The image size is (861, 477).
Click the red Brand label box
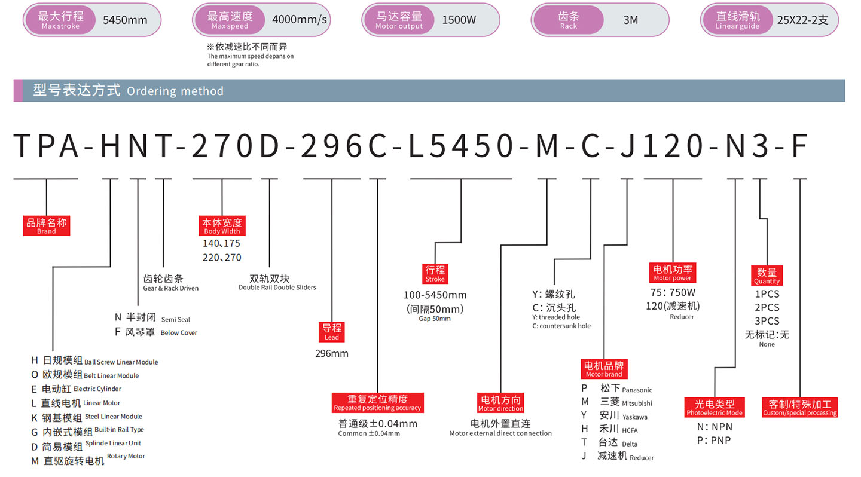coord(47,225)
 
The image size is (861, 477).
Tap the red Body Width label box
coord(222,226)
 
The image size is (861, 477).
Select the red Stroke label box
coord(435,273)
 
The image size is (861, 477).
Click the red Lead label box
coord(332,331)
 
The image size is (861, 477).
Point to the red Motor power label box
coord(673,272)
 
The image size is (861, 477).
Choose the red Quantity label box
coord(767,276)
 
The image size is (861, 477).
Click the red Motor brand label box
coord(603,369)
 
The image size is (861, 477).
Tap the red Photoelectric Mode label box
coord(715,407)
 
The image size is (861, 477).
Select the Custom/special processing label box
coord(800,407)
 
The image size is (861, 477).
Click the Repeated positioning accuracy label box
coord(377,402)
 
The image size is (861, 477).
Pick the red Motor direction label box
coord(500,403)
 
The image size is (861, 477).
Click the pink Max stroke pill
coord(60,20)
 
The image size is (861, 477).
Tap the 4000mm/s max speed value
coord(300,20)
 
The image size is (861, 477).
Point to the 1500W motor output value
coord(459,20)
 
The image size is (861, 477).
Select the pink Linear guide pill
coord(737,20)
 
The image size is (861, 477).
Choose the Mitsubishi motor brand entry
coord(616,402)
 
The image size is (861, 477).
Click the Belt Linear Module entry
coord(90,375)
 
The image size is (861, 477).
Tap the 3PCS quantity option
coord(767,321)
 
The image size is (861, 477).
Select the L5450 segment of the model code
coord(460,146)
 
